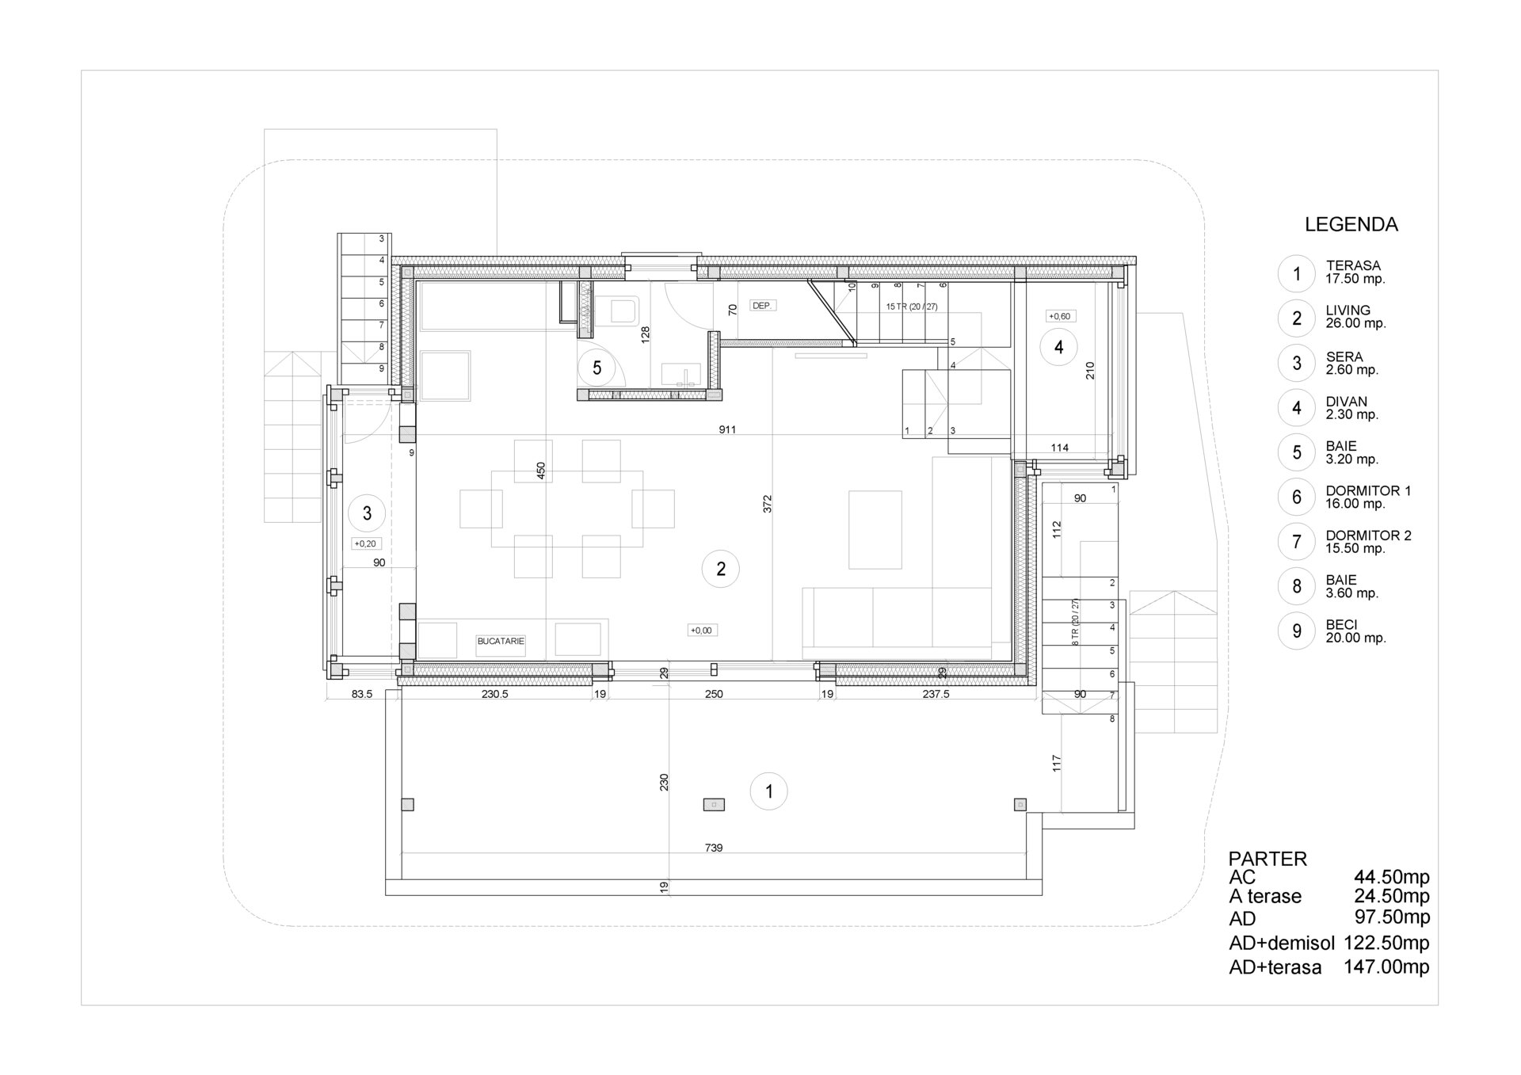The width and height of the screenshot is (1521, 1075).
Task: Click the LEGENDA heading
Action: (x=1351, y=225)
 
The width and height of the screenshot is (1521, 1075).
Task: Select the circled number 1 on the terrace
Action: (x=768, y=791)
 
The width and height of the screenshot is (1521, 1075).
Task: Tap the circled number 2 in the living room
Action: (x=720, y=569)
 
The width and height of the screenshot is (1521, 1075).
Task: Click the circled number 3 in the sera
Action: (x=367, y=513)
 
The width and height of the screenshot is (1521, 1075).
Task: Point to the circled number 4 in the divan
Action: (x=1058, y=346)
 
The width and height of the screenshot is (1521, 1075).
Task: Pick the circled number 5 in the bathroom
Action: (x=597, y=368)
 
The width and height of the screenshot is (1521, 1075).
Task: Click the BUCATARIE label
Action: (x=501, y=642)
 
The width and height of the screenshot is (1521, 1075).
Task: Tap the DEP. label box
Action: (x=762, y=305)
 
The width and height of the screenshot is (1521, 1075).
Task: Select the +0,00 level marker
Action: (x=701, y=631)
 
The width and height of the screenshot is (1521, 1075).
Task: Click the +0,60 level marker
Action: (x=1059, y=316)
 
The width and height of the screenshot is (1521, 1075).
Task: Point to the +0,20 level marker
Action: (x=365, y=544)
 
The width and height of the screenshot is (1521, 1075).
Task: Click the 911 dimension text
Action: (x=727, y=430)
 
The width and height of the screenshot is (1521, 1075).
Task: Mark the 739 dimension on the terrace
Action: (x=714, y=848)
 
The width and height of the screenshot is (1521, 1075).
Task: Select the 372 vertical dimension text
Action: (x=768, y=504)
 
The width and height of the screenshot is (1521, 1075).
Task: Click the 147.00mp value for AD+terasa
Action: (x=1386, y=966)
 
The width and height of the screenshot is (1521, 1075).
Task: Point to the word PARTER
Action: (x=1267, y=859)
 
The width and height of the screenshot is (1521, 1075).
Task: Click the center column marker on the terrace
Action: (x=714, y=804)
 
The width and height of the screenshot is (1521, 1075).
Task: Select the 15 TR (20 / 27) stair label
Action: (x=912, y=307)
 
